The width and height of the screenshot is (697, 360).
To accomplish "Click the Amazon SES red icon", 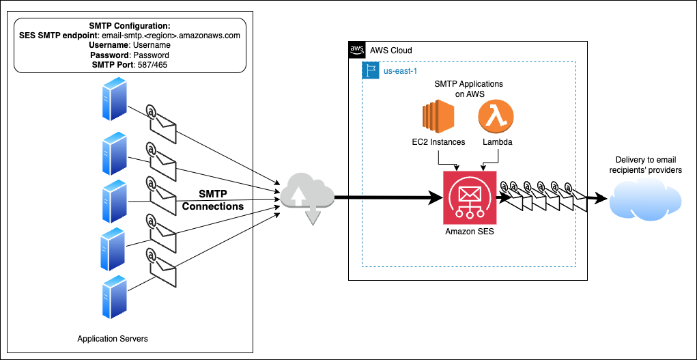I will point(470,197).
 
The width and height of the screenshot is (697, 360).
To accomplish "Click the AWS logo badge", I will point(357,50).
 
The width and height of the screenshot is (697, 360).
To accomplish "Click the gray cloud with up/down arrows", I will point(307,195).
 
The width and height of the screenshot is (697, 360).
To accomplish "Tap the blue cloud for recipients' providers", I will point(645,199).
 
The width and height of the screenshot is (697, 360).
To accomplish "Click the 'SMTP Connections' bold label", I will point(212,200).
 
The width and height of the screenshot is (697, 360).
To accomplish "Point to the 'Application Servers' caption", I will point(113,339).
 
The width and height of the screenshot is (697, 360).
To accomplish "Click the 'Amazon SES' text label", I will point(469,232).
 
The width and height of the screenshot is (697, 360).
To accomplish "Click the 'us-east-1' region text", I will point(400,70).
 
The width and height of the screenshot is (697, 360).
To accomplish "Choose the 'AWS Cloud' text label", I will point(391,51).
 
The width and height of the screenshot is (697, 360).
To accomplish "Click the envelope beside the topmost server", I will point(161,122).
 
